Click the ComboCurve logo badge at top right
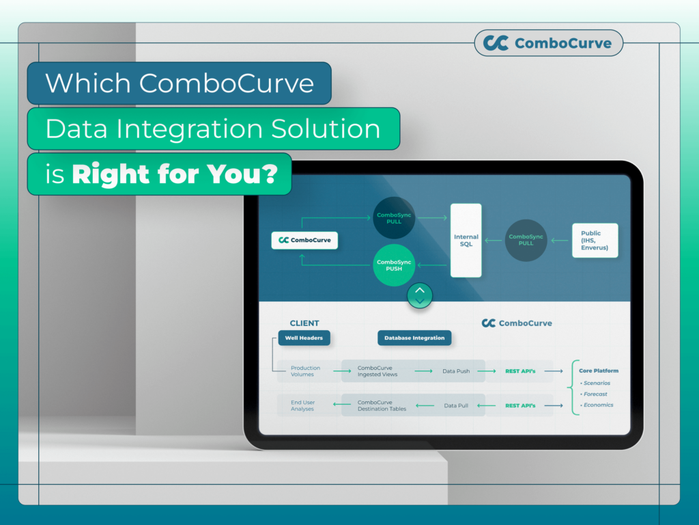(x=548, y=43)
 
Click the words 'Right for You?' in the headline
(x=174, y=175)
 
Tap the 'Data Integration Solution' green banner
(x=213, y=129)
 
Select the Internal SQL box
(x=466, y=240)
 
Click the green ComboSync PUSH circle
(x=394, y=265)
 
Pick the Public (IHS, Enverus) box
(x=595, y=240)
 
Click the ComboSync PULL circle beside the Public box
(x=526, y=240)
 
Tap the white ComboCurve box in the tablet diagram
(x=304, y=240)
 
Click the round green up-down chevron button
(x=420, y=295)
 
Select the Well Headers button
(x=300, y=338)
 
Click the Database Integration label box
(x=414, y=338)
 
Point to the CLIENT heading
(x=304, y=323)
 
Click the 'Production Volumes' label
(x=305, y=371)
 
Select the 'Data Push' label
(x=456, y=371)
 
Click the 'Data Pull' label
(x=456, y=405)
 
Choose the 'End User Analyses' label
(x=302, y=405)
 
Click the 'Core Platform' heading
(x=599, y=371)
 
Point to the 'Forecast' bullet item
(x=595, y=394)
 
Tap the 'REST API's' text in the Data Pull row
(x=520, y=405)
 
